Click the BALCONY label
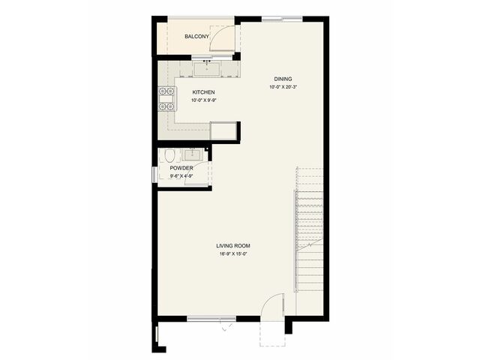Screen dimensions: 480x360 [x=196, y=37]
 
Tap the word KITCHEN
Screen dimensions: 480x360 [x=203, y=92]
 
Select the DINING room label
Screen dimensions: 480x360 [x=283, y=79]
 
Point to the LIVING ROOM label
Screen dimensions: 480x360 [x=233, y=246]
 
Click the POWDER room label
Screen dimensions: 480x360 [x=181, y=168]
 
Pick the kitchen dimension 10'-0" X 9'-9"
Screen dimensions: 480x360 [x=204, y=100]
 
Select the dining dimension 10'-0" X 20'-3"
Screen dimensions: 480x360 [x=283, y=87]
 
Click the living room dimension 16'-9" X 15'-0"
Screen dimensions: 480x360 [x=233, y=253]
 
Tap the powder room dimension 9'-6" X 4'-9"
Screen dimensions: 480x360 [x=181, y=176]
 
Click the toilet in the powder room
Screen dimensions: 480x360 [x=169, y=155]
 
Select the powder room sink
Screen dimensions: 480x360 [x=192, y=155]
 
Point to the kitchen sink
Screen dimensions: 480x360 [x=207, y=69]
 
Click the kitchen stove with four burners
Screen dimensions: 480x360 [x=166, y=98]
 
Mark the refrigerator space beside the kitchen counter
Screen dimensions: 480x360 [x=223, y=131]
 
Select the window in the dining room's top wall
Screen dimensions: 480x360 [x=282, y=19]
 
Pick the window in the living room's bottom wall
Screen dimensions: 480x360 [x=211, y=319]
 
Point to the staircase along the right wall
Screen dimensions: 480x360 [x=310, y=229]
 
